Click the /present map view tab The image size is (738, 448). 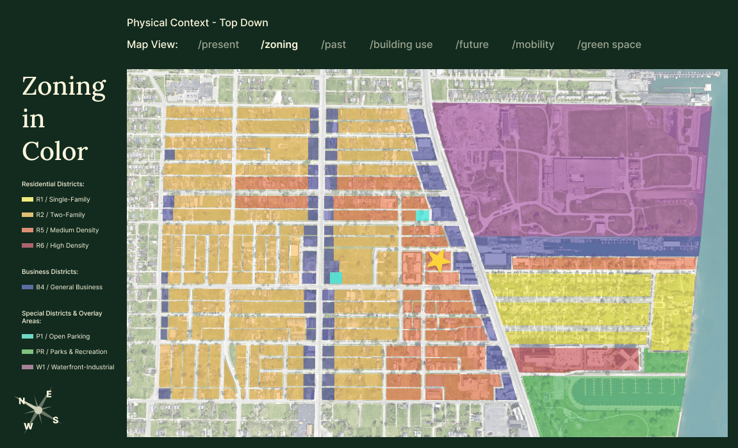click(218, 45)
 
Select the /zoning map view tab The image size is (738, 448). click(279, 45)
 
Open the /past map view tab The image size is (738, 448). click(334, 45)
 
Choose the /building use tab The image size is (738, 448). click(401, 45)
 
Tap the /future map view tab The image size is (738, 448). click(472, 45)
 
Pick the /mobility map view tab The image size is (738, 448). click(533, 45)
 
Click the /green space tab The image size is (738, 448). click(609, 45)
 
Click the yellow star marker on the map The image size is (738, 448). click(439, 260)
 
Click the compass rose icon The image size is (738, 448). click(38, 410)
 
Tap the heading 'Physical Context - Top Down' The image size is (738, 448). click(197, 23)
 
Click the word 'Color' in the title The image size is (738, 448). click(55, 152)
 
